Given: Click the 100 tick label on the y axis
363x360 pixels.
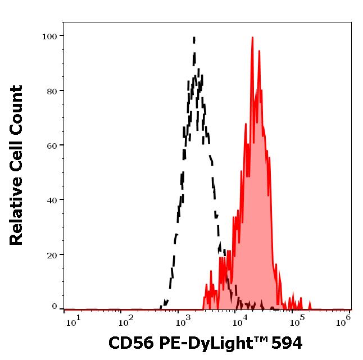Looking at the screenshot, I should tap(49, 36).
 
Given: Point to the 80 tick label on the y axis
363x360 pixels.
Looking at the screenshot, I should tap(52, 90).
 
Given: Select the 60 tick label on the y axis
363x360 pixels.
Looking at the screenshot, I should tap(52, 145).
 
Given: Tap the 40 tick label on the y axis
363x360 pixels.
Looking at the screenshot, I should tap(52, 199).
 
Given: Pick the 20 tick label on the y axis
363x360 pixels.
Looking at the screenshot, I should tap(52, 254).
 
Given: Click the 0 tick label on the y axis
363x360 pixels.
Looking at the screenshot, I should tap(55, 307).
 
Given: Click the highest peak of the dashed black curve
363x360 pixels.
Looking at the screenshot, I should tap(194, 38).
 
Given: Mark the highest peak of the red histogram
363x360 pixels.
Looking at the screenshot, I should tap(252, 38).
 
